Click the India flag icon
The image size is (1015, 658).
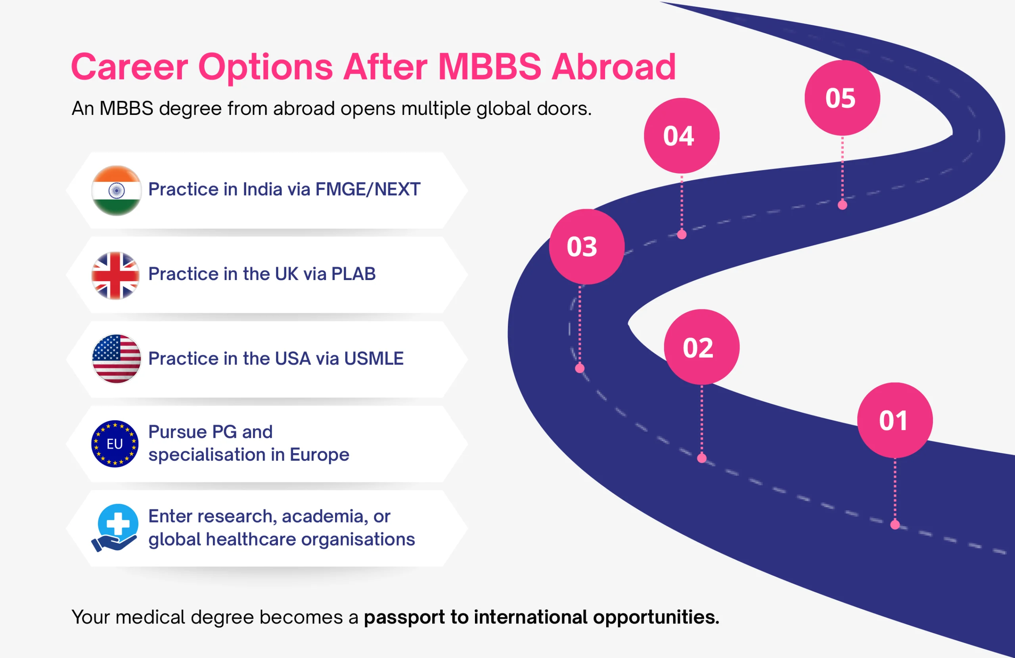pos(117,191)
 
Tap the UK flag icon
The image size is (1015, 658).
pos(115,275)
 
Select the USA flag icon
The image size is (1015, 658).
pos(117,359)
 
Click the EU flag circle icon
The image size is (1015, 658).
pos(115,444)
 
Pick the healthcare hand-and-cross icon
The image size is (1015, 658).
pos(115,528)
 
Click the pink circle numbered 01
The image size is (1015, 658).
pos(895,420)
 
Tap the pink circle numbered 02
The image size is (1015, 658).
pos(701,347)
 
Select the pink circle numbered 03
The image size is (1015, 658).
pos(586,246)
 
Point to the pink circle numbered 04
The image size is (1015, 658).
pos(682,136)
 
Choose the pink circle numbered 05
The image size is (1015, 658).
pos(842,98)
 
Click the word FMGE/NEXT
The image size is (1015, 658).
pos(368,189)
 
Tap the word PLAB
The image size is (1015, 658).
pos(354,274)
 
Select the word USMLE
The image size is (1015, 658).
pos(373,359)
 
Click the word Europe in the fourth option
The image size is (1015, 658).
pos(320,455)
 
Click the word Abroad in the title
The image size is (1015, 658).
pos(614,67)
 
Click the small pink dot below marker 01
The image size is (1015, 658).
pos(895,524)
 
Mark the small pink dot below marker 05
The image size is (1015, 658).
pos(842,205)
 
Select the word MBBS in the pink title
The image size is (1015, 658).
pos(490,67)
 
